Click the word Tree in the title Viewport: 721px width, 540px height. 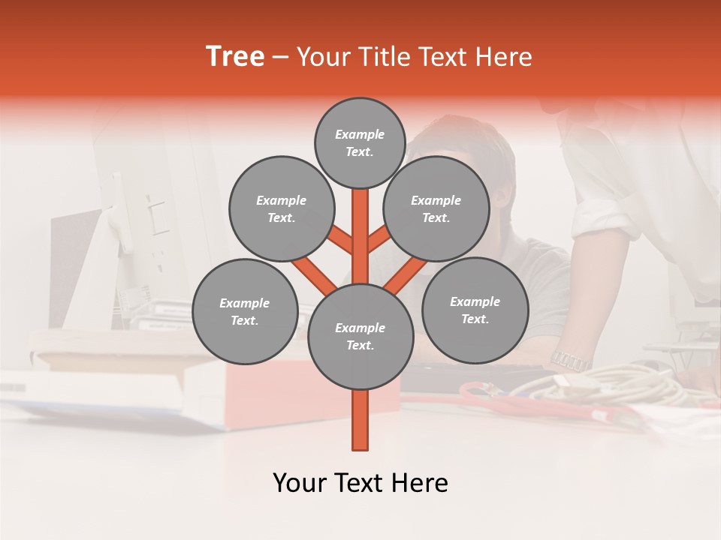click(235, 57)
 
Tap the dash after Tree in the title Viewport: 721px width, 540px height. click(280, 58)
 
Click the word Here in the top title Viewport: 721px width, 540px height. click(505, 57)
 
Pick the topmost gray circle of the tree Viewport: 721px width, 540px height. click(360, 142)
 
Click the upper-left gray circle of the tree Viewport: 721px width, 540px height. click(281, 208)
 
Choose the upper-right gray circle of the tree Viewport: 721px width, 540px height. click(436, 208)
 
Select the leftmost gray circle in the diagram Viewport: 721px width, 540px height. click(245, 311)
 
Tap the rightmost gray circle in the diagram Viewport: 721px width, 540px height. click(475, 310)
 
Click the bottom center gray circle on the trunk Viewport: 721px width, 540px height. click(360, 336)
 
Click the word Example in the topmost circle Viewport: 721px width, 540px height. click(360, 134)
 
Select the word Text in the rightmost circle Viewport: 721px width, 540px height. click(474, 319)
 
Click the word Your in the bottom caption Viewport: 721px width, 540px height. click(300, 483)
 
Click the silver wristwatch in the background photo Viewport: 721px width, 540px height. click(571, 360)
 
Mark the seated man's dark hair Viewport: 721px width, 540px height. click(466, 139)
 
